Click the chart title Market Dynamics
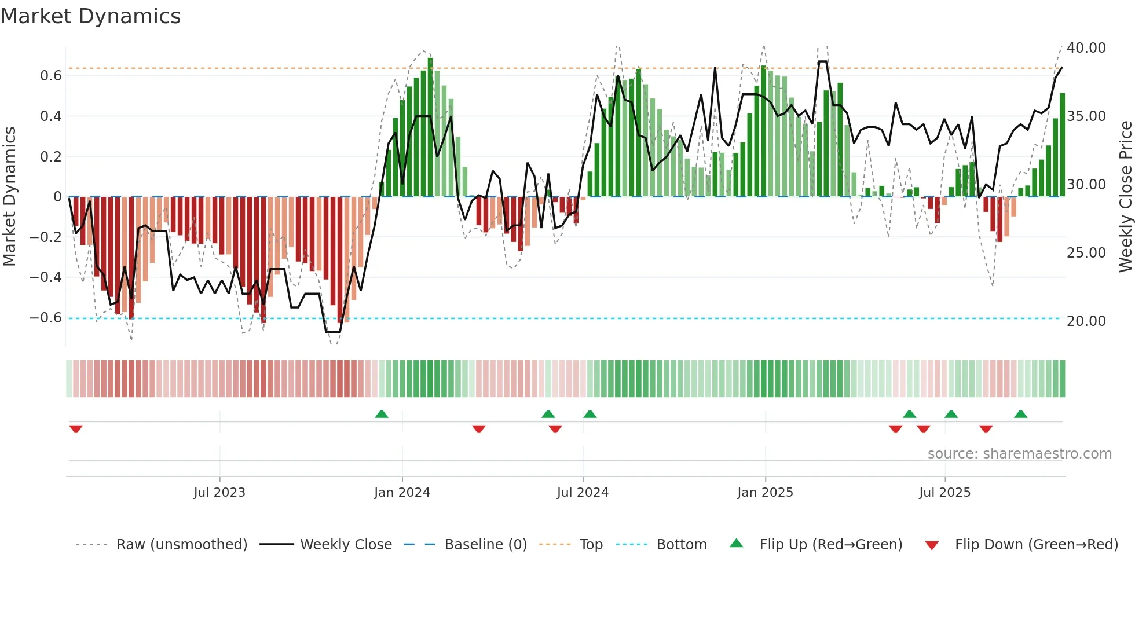[91, 16]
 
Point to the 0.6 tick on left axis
[51, 76]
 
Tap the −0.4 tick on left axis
[46, 277]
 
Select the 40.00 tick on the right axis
[1086, 48]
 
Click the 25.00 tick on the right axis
[1086, 253]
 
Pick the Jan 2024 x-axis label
[402, 493]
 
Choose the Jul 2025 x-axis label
[944, 493]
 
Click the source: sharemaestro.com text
[1019, 454]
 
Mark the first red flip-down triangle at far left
[76, 429]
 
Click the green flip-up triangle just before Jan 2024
[382, 414]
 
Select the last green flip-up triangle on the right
[1020, 414]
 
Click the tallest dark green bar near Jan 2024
[430, 127]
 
